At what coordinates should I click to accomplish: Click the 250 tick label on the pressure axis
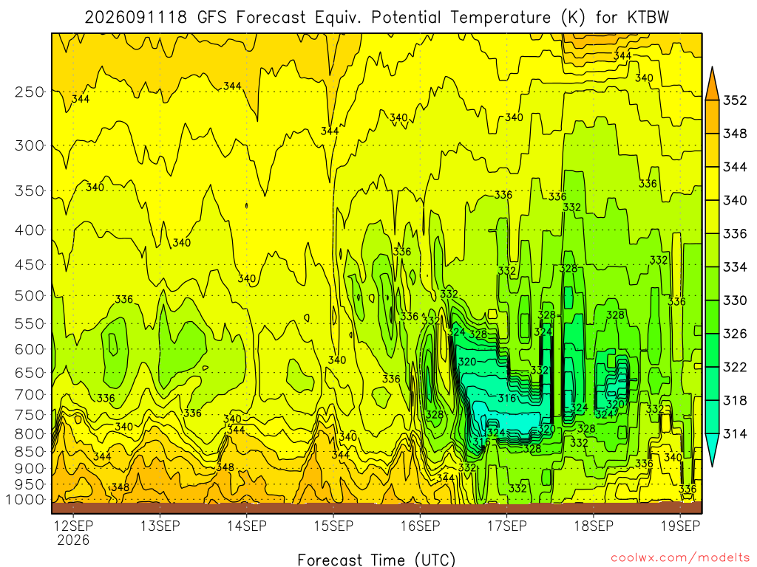30,92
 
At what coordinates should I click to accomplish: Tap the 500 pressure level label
30,295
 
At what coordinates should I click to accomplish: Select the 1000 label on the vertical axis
25,500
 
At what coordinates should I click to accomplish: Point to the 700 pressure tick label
30,395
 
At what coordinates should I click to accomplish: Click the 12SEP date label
73,526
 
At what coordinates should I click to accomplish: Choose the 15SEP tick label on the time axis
333,526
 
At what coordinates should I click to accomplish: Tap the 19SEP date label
680,526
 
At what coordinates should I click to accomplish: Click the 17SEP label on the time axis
507,526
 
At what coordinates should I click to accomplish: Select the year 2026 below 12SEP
73,540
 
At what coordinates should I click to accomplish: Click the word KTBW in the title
648,18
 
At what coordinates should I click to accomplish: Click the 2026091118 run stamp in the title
136,18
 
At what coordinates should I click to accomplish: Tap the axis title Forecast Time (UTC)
376,560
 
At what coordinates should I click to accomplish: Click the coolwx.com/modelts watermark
680,558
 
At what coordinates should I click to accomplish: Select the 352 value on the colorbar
735,100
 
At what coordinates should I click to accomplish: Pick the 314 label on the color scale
735,434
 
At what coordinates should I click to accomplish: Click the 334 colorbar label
735,267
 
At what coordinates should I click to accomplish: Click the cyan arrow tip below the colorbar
712,466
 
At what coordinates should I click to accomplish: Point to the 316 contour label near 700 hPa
507,398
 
